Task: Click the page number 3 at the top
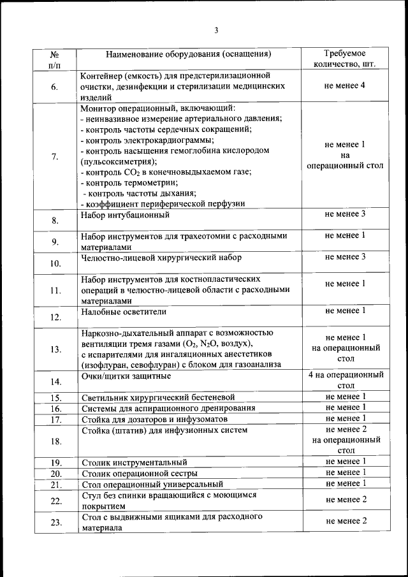tap(216, 31)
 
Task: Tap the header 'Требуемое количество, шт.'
tap(345, 59)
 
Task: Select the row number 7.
tap(55, 157)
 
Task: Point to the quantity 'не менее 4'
tap(345, 85)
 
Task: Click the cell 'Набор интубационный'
tap(124, 215)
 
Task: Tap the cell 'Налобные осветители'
tap(124, 311)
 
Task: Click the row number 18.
tap(55, 441)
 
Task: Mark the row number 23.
tap(55, 522)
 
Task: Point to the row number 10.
tap(55, 263)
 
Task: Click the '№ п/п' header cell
tap(55, 59)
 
